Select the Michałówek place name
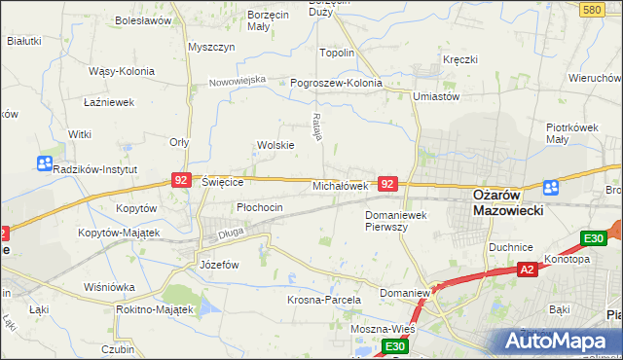[x=339, y=185]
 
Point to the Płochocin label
[x=260, y=207]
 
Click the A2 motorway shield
[x=527, y=269]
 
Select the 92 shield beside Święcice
[x=181, y=180]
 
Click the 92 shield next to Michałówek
[x=387, y=183]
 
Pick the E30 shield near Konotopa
[x=594, y=238]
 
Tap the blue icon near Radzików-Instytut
[x=45, y=163]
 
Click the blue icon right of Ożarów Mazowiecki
[x=551, y=188]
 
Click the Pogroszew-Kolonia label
[x=337, y=83]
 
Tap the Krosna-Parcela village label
[x=324, y=300]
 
